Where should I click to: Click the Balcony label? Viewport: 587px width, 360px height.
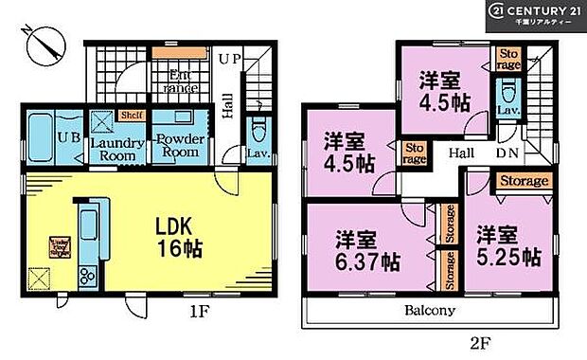tap(433, 310)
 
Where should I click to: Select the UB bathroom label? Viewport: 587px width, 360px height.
tap(67, 136)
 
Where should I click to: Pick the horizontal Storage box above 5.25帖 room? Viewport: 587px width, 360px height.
tap(524, 181)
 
